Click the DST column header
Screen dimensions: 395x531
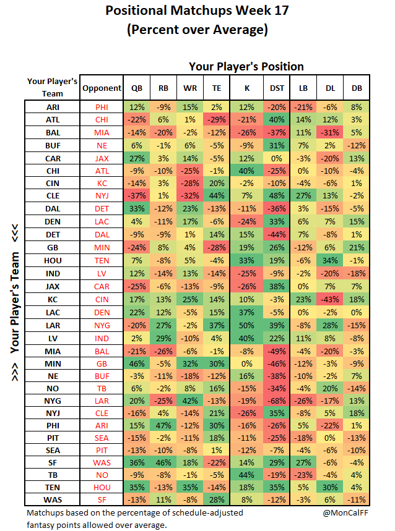pyautogui.click(x=277, y=88)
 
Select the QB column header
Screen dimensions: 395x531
pyautogui.click(x=137, y=88)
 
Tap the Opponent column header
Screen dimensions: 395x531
pyautogui.click(x=102, y=88)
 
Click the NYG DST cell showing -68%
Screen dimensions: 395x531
pyautogui.click(x=277, y=401)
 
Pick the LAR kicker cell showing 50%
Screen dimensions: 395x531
pyautogui.click(x=246, y=325)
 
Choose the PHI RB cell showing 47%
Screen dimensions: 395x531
pyautogui.click(x=163, y=425)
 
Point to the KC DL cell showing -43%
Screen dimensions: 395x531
pyautogui.click(x=330, y=299)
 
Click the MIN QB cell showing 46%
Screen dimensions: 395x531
pyautogui.click(x=137, y=363)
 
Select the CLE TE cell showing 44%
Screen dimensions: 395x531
pyautogui.click(x=217, y=196)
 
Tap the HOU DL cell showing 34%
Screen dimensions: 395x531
pyautogui.click(x=330, y=260)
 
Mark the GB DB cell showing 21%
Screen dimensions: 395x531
pyautogui.click(x=357, y=247)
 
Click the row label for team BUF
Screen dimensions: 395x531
pyautogui.click(x=53, y=146)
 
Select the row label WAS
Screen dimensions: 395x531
pyautogui.click(x=53, y=500)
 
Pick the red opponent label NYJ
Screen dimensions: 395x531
pyautogui.click(x=102, y=196)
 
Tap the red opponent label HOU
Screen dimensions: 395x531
pyautogui.click(x=102, y=487)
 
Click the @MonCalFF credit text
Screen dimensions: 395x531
pyautogui.click(x=345, y=512)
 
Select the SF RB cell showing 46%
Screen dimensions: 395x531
pyautogui.click(x=163, y=462)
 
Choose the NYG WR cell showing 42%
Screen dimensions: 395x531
pyautogui.click(x=190, y=401)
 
